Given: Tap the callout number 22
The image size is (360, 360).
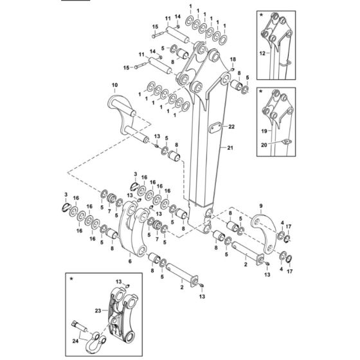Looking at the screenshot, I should point(232,127).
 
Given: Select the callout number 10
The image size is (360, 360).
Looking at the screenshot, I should point(114,85).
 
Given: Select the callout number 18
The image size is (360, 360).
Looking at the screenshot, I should point(233,59).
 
